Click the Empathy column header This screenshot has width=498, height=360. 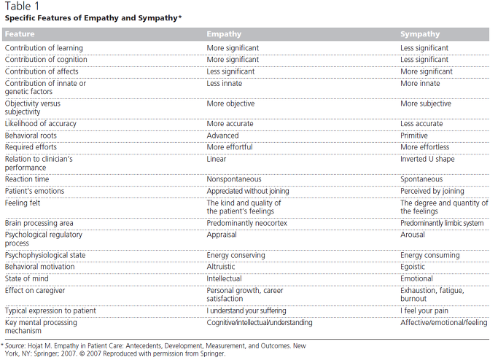click(x=224, y=34)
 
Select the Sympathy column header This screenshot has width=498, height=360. click(x=420, y=34)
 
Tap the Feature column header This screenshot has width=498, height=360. click(x=20, y=34)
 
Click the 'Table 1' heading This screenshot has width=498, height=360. click(x=22, y=6)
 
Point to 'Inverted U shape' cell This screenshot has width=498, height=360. click(x=427, y=159)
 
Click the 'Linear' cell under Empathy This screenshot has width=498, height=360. click(x=217, y=159)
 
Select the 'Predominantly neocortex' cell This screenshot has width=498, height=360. click(x=246, y=223)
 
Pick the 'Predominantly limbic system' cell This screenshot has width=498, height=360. click(x=442, y=223)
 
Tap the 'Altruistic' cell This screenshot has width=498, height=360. click(x=221, y=267)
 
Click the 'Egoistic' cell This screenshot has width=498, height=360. click(x=412, y=267)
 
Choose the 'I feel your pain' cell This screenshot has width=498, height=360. click(x=424, y=310)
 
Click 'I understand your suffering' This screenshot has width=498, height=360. click(x=246, y=310)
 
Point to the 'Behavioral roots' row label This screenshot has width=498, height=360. click(x=31, y=136)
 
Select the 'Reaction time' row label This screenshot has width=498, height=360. click(x=27, y=179)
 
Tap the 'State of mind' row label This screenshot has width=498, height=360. click(x=27, y=278)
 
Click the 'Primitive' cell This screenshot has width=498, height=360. click(x=414, y=136)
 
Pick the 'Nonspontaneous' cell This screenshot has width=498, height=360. click(x=234, y=179)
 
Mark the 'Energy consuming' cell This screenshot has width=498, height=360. click(x=429, y=255)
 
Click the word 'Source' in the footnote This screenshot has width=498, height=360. click(x=15, y=345)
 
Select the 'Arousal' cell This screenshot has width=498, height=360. click(x=412, y=235)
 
